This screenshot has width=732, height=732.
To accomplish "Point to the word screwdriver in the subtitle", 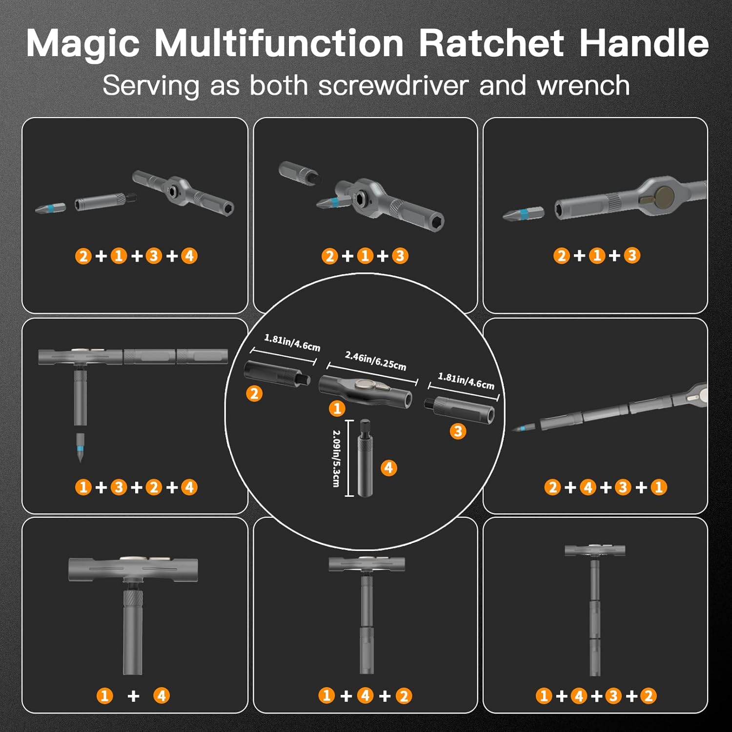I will [x=393, y=86].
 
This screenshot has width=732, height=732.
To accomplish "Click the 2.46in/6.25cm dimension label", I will [x=375, y=361].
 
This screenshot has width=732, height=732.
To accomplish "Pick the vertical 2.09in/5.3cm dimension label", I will [x=336, y=458].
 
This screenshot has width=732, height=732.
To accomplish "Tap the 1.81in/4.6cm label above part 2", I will [x=292, y=343].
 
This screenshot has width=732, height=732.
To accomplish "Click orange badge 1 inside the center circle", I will [x=337, y=408].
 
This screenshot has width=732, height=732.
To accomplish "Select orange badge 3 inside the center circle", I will [x=458, y=431].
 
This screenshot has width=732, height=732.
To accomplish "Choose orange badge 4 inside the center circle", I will [x=388, y=468].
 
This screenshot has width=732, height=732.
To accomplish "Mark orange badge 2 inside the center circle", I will [x=254, y=393].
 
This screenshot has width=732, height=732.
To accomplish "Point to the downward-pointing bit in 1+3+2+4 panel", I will [x=80, y=447].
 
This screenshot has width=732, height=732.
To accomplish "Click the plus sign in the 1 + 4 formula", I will [x=133, y=696].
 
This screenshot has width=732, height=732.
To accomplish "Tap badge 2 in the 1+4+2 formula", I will [x=404, y=696].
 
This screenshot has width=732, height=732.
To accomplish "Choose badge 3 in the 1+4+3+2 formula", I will [x=613, y=696].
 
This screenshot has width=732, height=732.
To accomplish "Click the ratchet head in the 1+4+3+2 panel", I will [x=594, y=550].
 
